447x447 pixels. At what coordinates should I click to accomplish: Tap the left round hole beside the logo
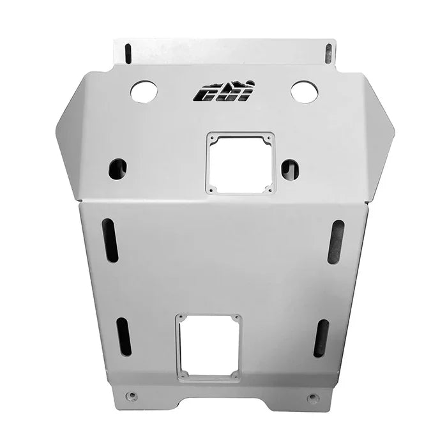coord(144,92)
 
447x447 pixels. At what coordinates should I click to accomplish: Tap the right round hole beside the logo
coord(305,92)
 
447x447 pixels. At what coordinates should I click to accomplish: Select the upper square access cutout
coord(240,162)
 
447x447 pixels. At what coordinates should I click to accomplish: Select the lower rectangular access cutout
coord(208,347)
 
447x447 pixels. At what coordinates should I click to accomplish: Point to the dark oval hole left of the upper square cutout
coord(117,169)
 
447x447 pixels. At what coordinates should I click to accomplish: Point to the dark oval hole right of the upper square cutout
coord(290,169)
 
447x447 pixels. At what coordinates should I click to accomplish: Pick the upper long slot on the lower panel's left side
coord(110,240)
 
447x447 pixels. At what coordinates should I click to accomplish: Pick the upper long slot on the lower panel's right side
coord(336,241)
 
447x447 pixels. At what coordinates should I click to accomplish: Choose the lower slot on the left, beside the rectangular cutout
coord(123,337)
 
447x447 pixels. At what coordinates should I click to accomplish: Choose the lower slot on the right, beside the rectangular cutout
coord(321,338)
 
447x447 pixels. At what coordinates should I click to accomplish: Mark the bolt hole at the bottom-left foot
coord(132,397)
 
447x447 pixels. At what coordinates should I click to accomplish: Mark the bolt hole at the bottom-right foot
coord(312,398)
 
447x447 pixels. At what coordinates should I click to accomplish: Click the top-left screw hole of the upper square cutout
coord(211,137)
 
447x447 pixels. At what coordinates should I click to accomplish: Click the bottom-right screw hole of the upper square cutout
coord(270,188)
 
